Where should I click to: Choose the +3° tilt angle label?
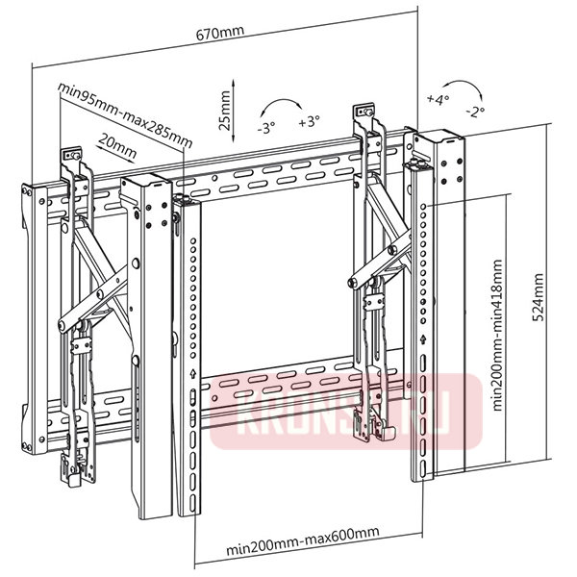(x=309, y=123)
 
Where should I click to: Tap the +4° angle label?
(x=437, y=100)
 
